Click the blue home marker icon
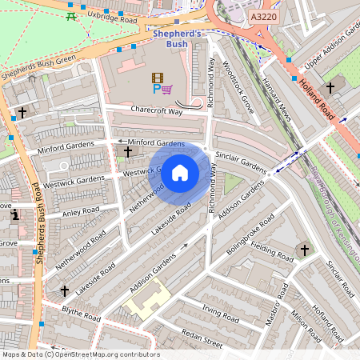(180, 172)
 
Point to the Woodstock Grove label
(237, 87)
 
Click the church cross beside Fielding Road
(303, 250)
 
